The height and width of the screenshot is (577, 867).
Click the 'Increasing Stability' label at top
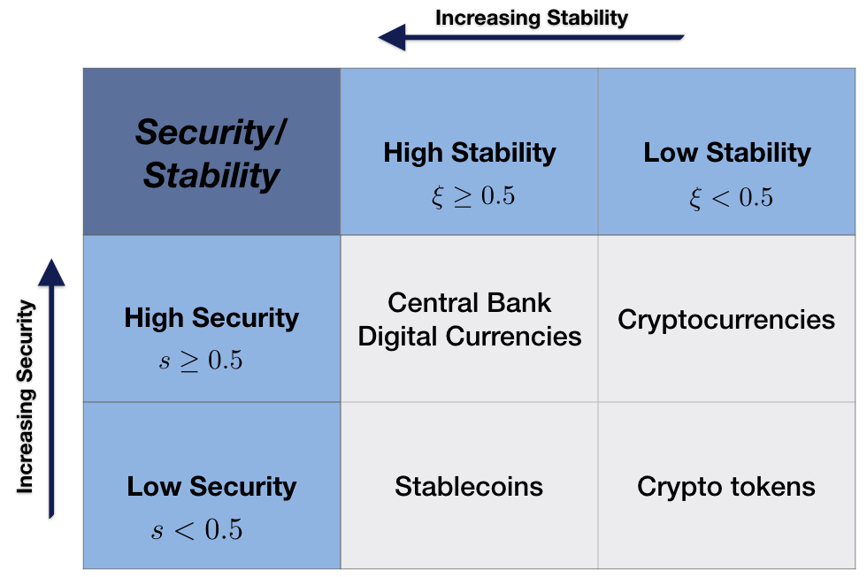(x=532, y=18)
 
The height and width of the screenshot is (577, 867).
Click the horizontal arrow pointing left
(x=531, y=37)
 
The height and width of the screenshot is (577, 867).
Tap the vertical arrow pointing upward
(x=51, y=389)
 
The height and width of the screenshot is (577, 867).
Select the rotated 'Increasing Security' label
(x=26, y=397)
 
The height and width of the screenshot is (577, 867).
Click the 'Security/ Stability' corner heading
(x=211, y=154)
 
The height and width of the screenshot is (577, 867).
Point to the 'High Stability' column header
(x=470, y=152)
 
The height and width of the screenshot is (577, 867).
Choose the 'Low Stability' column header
(x=727, y=152)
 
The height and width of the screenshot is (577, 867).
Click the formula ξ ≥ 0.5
(x=472, y=196)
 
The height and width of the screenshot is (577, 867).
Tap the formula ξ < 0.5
(x=731, y=197)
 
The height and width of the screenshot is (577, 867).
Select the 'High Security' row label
(x=211, y=318)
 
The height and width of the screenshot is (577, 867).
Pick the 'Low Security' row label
(x=211, y=487)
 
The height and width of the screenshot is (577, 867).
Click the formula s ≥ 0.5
(x=201, y=361)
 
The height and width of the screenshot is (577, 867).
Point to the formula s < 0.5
(x=196, y=529)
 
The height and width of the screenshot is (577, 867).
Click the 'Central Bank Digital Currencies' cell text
(x=470, y=319)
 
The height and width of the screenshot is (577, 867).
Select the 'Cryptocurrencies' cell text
(x=726, y=320)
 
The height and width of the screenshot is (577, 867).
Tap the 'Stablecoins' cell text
(x=469, y=487)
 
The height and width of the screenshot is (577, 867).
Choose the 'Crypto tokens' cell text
(x=726, y=487)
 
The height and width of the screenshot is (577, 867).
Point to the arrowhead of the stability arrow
(x=391, y=37)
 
